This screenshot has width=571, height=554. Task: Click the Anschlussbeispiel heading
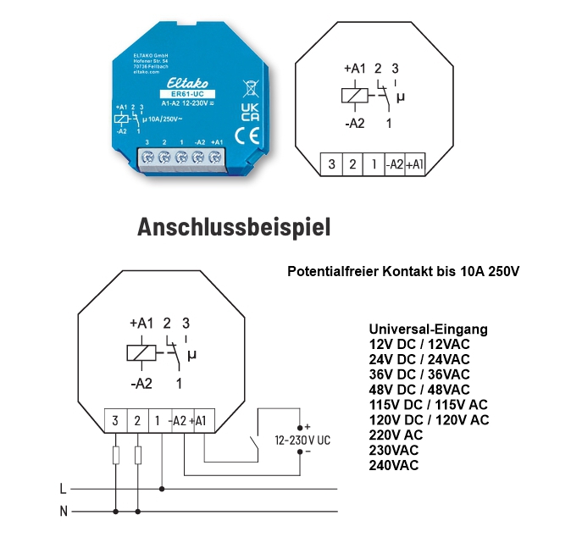(234, 228)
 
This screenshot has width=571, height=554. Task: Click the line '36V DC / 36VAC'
(419, 374)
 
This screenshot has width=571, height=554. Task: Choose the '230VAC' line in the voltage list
(394, 450)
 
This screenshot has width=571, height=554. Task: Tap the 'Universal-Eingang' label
(428, 329)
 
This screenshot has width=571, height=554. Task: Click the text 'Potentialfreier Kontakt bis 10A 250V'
(402, 272)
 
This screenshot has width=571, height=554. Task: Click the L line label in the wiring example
(63, 489)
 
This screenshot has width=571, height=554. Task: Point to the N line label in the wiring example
(63, 511)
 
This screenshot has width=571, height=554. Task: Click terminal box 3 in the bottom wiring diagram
(115, 419)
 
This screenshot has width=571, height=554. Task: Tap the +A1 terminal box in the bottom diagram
(204, 419)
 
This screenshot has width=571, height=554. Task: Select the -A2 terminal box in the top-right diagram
(394, 164)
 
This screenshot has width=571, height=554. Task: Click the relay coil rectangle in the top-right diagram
(353, 95)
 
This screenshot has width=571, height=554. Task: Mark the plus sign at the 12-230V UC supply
(308, 426)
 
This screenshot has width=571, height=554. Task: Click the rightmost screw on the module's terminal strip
(215, 156)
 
